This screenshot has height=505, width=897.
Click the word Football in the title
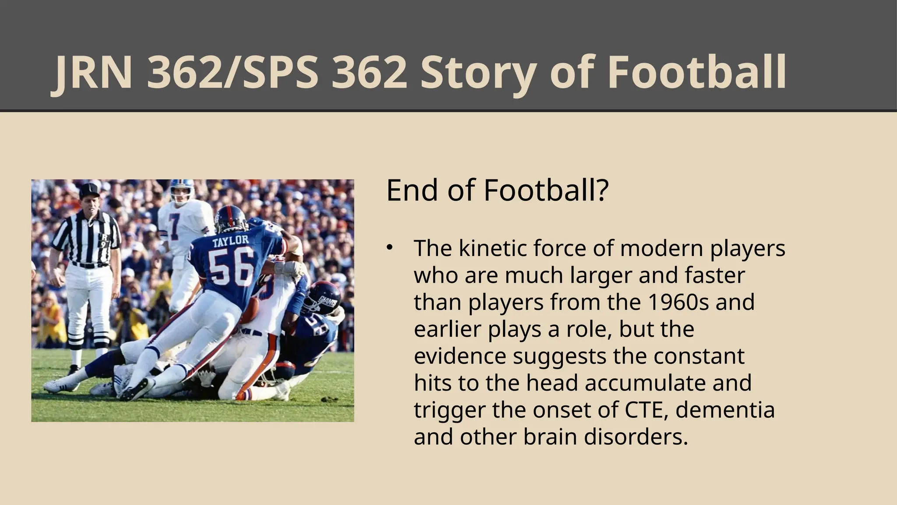click(696, 72)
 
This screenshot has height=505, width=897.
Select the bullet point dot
click(389, 248)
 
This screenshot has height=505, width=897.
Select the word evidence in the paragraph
click(460, 356)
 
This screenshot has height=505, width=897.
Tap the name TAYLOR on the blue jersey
click(230, 241)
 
